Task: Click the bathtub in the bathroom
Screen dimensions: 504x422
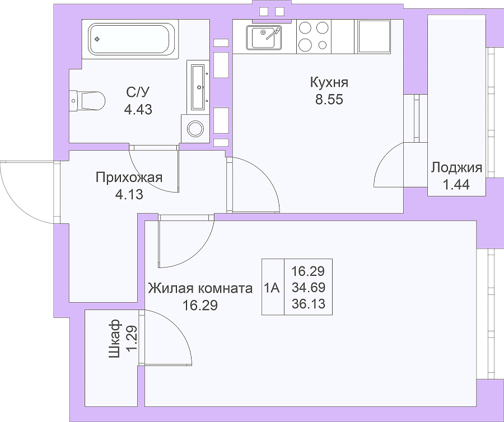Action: (130, 39)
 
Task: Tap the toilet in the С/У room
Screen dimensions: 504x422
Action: (87, 101)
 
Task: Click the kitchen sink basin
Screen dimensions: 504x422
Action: (264, 37)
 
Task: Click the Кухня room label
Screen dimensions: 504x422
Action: (329, 83)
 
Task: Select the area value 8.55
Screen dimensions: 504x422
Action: (329, 100)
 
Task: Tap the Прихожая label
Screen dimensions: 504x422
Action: (129, 177)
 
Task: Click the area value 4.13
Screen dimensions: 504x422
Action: (129, 195)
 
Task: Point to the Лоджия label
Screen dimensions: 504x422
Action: (456, 168)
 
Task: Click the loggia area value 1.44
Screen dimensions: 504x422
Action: (456, 185)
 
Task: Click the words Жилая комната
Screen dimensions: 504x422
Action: (200, 288)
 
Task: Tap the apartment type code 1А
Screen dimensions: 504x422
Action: (272, 288)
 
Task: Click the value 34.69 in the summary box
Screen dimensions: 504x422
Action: (309, 288)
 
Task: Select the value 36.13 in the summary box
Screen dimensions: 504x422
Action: (309, 303)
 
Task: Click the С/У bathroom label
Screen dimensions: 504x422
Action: (138, 92)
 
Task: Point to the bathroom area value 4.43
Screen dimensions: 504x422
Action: (138, 110)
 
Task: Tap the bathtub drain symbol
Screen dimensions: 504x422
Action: (97, 39)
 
